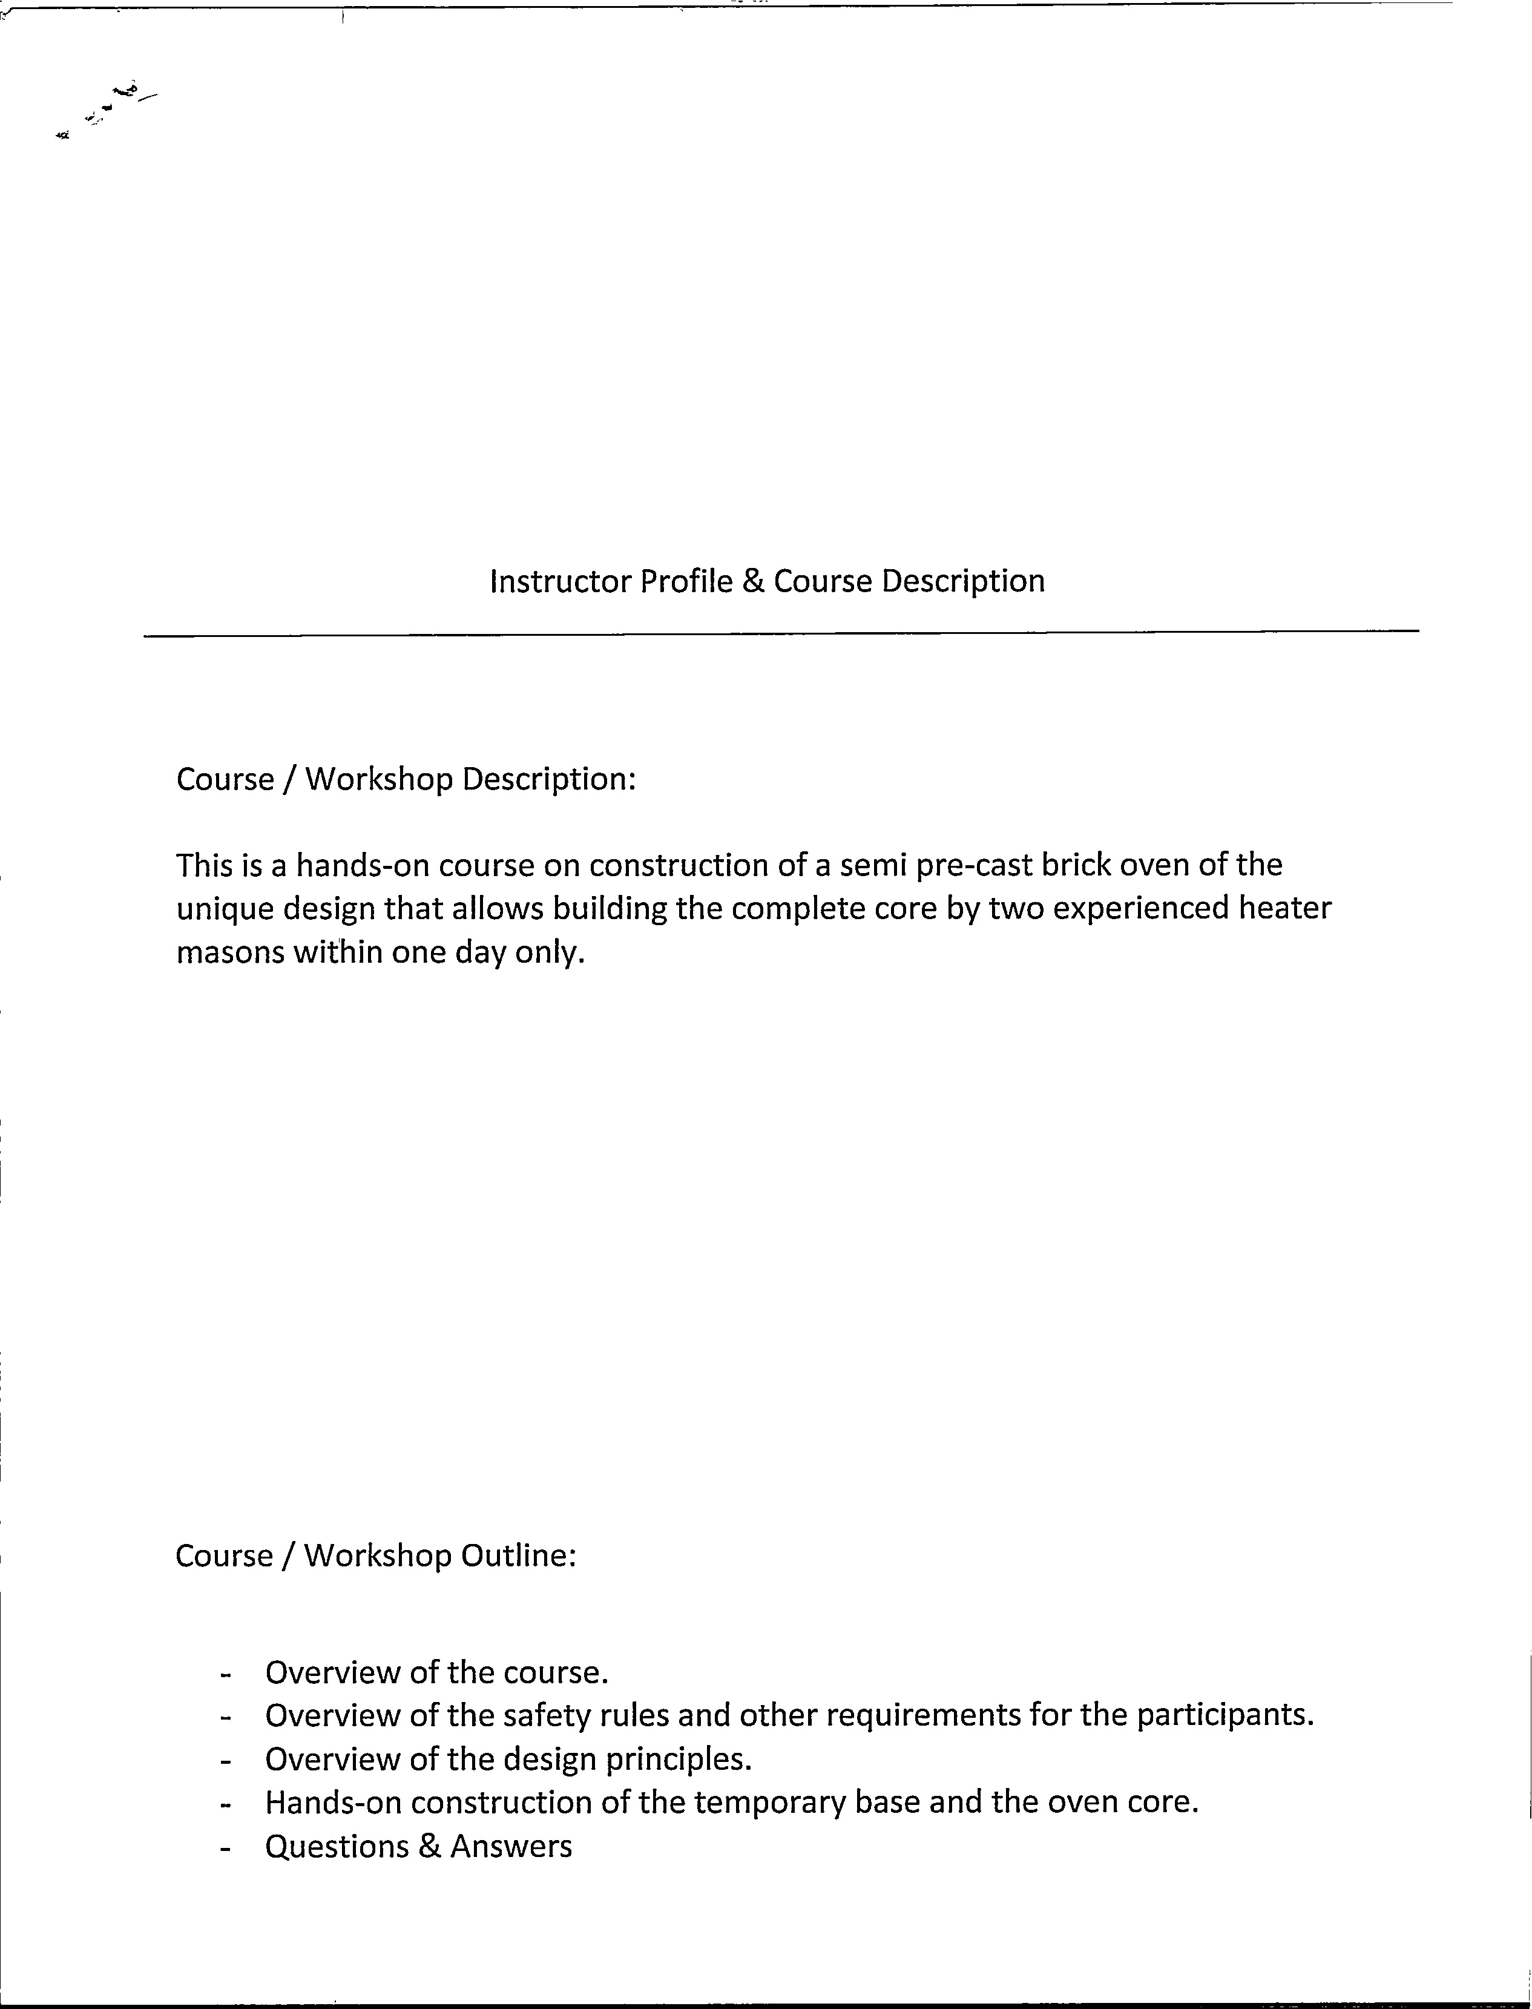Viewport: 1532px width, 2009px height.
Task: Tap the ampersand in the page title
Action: pyautogui.click(x=753, y=581)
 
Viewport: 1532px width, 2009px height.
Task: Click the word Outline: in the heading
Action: pyautogui.click(x=519, y=1555)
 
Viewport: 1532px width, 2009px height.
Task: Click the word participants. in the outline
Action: pyautogui.click(x=1225, y=1717)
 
